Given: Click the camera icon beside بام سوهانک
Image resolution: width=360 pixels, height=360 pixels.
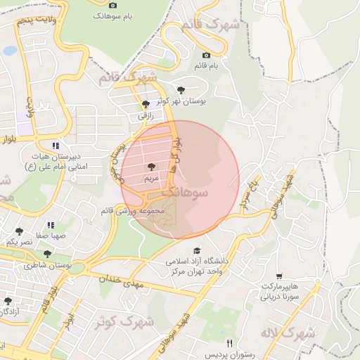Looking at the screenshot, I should [x=113, y=5].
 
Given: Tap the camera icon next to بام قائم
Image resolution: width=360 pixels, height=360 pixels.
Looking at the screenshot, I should [x=206, y=56].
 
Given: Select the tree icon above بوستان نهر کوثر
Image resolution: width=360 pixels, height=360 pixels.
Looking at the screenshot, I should [x=181, y=90].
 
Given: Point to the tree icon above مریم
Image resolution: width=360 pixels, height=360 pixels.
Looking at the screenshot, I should [x=151, y=167].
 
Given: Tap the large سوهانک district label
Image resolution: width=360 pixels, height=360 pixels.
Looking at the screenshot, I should [x=186, y=191].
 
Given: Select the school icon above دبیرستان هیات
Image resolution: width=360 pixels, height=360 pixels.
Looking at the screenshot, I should [x=55, y=146].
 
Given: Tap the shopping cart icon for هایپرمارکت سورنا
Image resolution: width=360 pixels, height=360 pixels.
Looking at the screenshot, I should [x=280, y=276].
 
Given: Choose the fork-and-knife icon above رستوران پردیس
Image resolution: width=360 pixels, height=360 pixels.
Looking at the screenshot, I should [x=229, y=343].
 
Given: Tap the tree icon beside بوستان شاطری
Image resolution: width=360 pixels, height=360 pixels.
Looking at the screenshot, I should [x=47, y=255].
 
